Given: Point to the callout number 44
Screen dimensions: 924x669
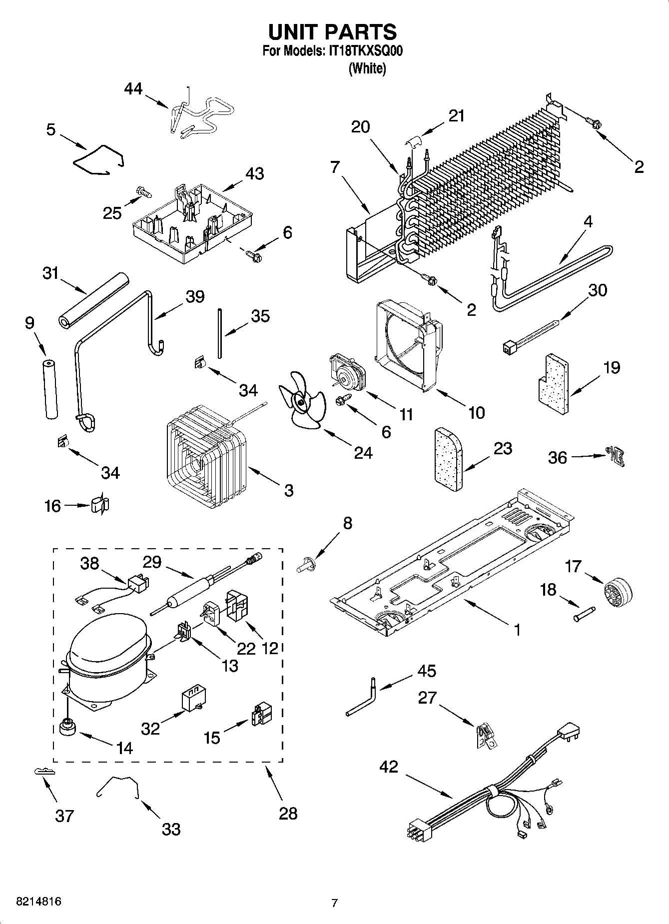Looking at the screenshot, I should click(x=133, y=89).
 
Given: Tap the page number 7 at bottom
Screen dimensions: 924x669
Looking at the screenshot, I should click(x=335, y=903).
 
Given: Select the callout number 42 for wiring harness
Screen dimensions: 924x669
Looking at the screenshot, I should click(x=388, y=767).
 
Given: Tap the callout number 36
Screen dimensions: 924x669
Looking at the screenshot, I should click(x=558, y=457).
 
